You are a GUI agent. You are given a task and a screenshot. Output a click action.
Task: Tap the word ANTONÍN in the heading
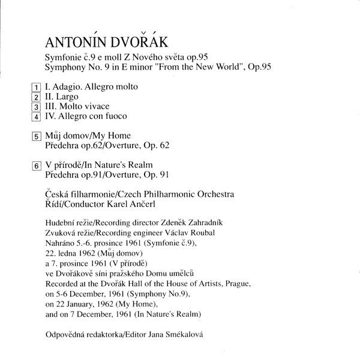(74, 43)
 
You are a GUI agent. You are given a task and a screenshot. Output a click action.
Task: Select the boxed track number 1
(37, 88)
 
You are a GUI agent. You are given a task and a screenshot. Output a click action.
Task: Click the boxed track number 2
(37, 97)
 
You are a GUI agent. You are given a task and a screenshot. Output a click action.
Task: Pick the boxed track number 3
(37, 107)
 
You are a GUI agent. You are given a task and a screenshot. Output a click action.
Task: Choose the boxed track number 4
(37, 116)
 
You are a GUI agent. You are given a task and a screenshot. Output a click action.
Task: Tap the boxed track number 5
(37, 137)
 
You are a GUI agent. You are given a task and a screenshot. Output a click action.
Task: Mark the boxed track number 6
(37, 166)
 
